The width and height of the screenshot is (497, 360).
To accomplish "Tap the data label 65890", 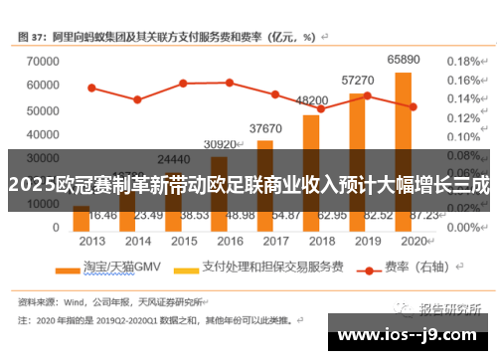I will tap(403, 61).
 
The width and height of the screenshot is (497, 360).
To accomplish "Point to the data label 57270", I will tap(358, 80).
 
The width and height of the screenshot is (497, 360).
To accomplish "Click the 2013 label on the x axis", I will tap(91, 242).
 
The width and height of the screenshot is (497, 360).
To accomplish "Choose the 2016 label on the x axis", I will tap(229, 242).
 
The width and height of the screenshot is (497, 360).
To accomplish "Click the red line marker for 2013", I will tap(91, 88).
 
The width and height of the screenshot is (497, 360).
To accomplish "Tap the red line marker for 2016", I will tap(229, 83).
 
